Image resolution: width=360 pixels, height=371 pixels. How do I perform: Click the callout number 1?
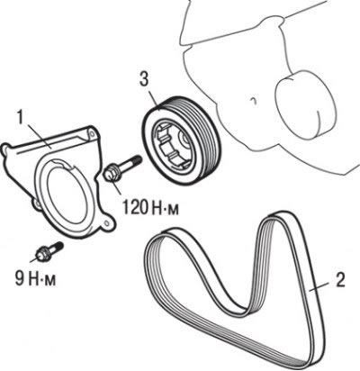tap(21, 119)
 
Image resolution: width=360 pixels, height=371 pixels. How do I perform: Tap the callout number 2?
tap(340, 280)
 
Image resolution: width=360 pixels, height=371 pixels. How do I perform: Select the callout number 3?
tap(144, 78)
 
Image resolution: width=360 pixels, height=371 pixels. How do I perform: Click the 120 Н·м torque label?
tap(150, 208)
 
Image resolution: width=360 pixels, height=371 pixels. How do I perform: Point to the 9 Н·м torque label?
tap(35, 278)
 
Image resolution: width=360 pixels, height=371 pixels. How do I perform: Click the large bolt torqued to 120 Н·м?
tap(122, 168)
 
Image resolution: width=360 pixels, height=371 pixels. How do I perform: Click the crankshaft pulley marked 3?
tap(181, 140)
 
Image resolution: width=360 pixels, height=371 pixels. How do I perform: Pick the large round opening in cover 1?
tap(67, 191)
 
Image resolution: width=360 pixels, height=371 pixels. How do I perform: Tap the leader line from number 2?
tap(321, 286)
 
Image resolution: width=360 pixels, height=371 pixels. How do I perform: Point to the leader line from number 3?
tap(154, 97)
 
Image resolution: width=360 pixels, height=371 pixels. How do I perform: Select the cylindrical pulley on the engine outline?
tap(303, 104)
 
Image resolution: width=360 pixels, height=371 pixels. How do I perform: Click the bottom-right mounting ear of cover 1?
tap(105, 223)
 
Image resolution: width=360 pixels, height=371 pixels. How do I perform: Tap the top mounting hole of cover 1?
tap(92, 134)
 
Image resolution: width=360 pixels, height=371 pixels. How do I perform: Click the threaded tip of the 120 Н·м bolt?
tap(136, 159)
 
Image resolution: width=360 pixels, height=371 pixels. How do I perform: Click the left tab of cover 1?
tap(6, 149)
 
